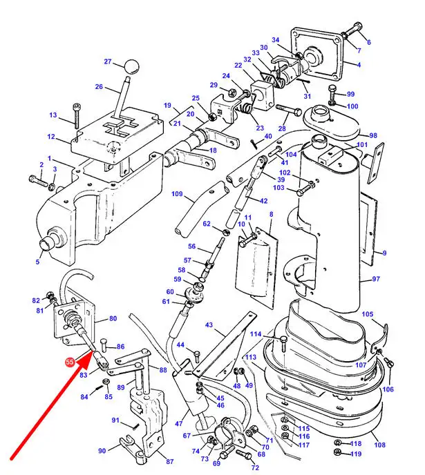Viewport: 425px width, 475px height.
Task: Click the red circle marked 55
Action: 70,362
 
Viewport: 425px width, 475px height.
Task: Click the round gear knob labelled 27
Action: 131,66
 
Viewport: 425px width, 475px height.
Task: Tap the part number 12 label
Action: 51,137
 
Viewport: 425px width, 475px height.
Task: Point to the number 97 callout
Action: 376,279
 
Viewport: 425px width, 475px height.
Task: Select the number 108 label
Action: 379,445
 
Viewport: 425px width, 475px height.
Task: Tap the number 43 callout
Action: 209,324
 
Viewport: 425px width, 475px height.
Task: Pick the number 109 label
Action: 177,193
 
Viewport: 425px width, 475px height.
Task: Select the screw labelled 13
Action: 76,115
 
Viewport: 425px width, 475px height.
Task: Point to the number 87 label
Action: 170,461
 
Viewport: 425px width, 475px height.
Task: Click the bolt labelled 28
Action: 289,109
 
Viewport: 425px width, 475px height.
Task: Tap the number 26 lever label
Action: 99,86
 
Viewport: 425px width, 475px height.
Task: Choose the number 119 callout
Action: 356,454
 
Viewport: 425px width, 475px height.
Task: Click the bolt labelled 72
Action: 244,454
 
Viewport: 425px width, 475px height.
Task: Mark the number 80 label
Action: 113,318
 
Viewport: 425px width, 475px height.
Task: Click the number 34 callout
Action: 275,40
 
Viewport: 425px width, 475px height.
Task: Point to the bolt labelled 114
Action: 283,344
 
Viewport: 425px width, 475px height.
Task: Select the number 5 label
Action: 37,262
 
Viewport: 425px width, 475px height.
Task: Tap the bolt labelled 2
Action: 38,181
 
